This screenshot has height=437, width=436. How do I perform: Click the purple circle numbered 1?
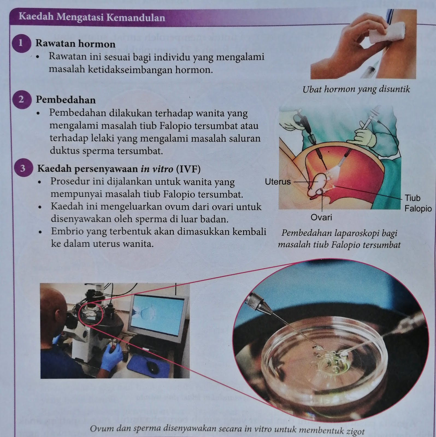[21, 43]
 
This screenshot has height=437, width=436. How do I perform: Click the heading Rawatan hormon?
[75, 44]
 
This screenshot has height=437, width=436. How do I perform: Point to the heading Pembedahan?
[66, 100]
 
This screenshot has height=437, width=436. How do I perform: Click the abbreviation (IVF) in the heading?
[188, 169]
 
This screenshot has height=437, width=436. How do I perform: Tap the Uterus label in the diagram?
[278, 182]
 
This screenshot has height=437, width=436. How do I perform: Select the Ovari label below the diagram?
[322, 217]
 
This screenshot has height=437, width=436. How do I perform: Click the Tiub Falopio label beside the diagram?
[417, 203]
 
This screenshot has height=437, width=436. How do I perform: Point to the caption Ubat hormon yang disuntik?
[356, 89]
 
